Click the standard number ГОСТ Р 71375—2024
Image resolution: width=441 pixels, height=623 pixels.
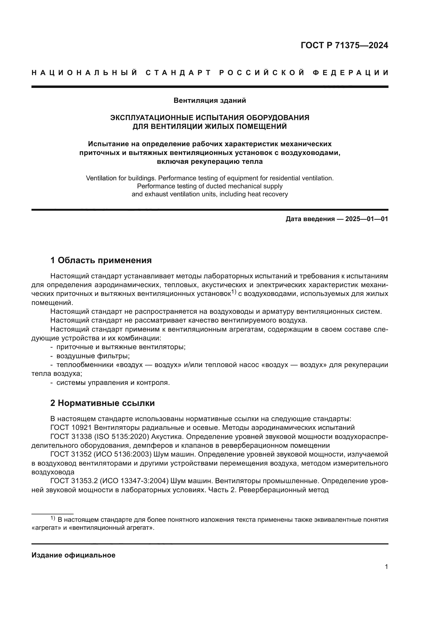344,45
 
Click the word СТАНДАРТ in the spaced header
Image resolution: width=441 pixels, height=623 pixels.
178,73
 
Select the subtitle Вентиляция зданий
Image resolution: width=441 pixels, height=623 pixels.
210,101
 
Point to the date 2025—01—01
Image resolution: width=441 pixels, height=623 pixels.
367,219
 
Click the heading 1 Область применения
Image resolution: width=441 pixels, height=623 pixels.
101,260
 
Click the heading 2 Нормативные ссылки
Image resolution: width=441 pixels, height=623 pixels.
102,403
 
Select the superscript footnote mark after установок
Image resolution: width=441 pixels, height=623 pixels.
234,292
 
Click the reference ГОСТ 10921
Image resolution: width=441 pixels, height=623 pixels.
71,428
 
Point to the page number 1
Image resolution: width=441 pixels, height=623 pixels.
386,567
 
